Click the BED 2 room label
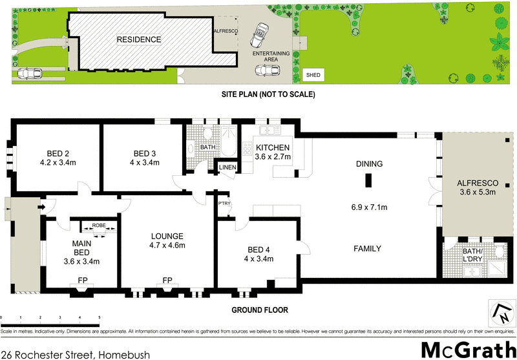54,153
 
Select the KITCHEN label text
273,148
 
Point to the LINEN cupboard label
228,168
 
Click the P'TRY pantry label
225,204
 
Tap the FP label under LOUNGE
167,281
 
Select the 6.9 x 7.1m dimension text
368,207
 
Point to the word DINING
369,164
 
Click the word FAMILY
366,249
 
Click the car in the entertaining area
262,33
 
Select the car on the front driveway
29,73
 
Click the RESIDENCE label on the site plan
138,39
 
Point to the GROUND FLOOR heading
259,310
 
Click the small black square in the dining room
369,180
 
